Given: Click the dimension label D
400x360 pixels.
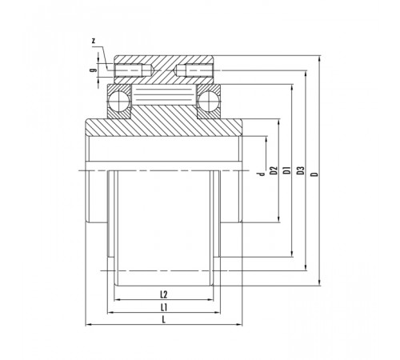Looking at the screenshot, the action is [315, 174].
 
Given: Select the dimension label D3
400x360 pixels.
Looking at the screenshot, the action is [301, 170].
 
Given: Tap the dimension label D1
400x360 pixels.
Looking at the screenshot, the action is [286, 170].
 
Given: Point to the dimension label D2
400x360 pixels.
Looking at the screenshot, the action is [274, 170].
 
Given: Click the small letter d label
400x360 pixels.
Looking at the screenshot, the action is [262, 174].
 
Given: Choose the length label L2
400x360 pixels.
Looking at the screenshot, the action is [164, 294].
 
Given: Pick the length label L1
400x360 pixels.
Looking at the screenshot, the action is [164, 307].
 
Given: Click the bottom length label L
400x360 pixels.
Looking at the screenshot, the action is [164, 320].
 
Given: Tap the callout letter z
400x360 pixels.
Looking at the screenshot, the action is [94, 41].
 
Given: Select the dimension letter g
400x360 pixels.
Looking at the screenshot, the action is [93, 70].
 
